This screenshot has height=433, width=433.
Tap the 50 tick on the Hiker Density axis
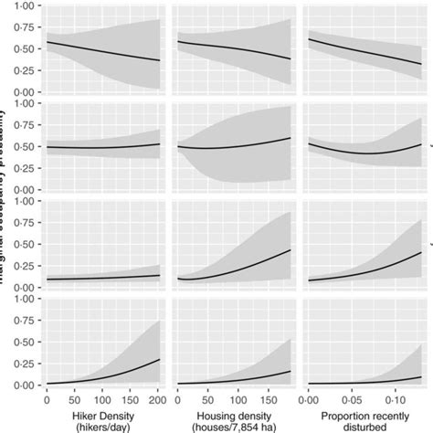(x=73, y=399)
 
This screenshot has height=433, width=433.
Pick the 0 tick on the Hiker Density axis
(x=48, y=399)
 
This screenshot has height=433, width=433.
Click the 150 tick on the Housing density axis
(x=267, y=399)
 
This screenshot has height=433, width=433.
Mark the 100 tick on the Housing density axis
(x=237, y=399)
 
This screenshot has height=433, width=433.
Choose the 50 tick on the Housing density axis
(x=206, y=399)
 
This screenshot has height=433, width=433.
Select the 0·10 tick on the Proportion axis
(x=393, y=399)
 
